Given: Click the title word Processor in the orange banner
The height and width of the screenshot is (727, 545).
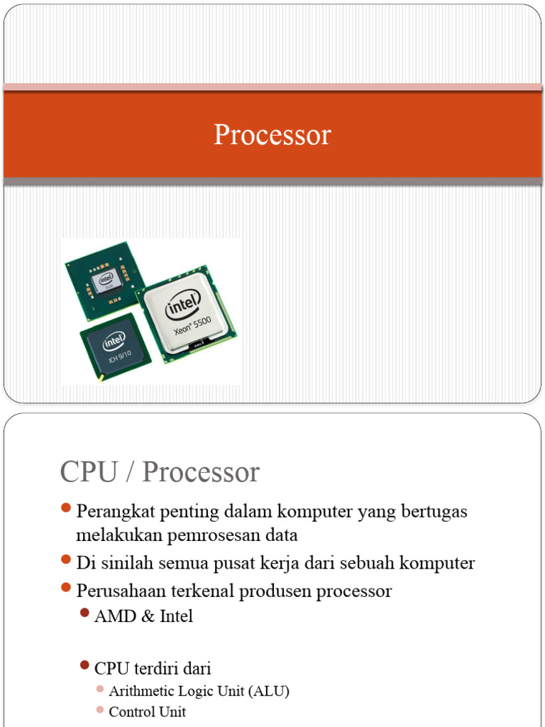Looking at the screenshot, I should (x=272, y=135).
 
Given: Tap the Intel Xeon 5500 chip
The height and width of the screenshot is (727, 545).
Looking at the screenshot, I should (x=187, y=315).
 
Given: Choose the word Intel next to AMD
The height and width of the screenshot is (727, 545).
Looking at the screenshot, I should (x=176, y=616).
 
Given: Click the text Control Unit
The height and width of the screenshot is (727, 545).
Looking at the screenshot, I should (x=147, y=712).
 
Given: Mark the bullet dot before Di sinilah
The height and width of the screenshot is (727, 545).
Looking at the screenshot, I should (x=66, y=561).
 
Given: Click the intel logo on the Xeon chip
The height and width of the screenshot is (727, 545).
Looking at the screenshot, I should (x=183, y=307).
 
